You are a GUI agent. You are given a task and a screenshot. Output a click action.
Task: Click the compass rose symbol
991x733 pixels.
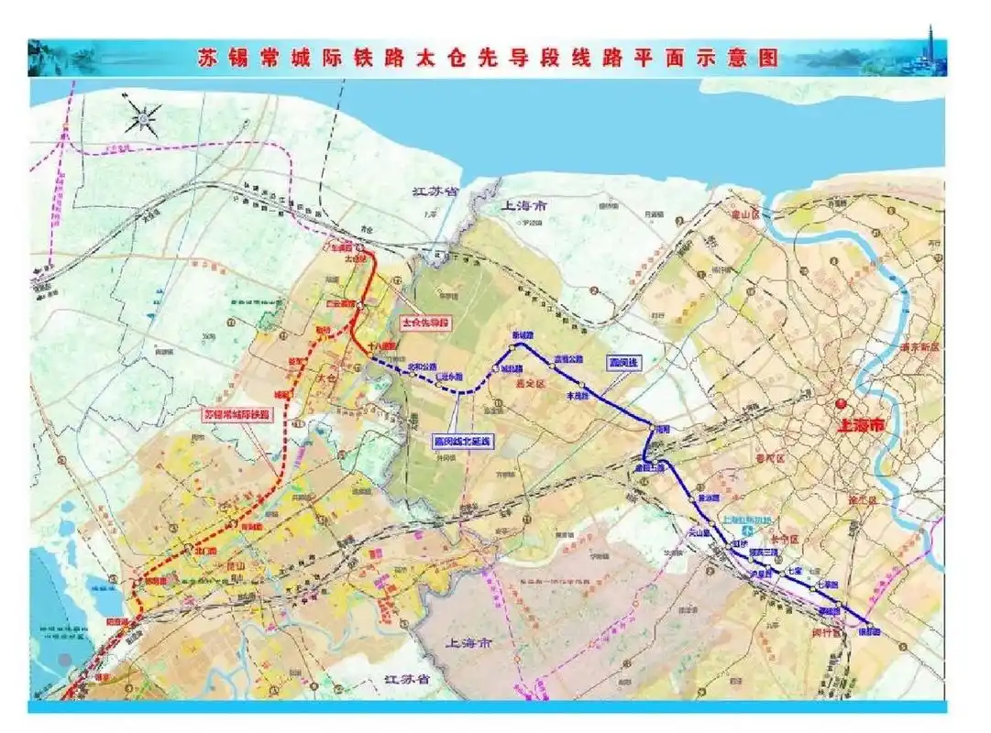point(144,117)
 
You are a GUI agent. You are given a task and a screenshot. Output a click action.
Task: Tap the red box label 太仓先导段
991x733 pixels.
point(427,323)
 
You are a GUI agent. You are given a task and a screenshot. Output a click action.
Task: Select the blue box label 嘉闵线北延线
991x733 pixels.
point(463,441)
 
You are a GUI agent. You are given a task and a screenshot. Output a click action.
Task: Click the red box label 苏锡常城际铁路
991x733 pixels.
point(238,414)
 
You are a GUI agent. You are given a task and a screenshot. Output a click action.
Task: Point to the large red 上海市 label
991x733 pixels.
point(864,425)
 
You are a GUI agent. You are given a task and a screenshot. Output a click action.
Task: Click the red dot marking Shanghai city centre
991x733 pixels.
point(841,403)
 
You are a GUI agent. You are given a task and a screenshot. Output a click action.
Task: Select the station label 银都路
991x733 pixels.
point(868,631)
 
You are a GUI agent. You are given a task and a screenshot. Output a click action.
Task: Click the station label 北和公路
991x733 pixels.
point(423,366)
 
